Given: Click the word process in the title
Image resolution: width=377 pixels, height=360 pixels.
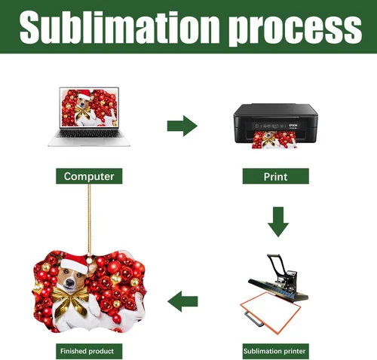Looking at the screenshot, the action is (x=295, y=30).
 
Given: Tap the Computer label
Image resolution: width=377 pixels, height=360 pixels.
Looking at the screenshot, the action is (x=89, y=176).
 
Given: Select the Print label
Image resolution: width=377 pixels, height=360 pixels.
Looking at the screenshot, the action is (x=275, y=176).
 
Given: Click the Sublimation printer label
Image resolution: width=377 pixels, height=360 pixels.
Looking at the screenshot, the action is (x=275, y=351).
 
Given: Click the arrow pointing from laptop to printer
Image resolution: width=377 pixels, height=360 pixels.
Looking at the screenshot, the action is (x=182, y=126).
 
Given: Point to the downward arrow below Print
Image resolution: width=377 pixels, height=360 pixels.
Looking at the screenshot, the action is (x=278, y=222).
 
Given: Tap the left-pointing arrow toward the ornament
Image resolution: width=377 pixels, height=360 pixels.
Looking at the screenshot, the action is (x=182, y=301).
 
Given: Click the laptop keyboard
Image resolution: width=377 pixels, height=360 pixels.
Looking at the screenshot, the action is (x=89, y=134).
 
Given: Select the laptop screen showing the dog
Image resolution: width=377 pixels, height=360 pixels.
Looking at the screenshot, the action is (x=89, y=108).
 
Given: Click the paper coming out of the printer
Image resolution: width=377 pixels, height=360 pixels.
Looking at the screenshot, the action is (x=274, y=140).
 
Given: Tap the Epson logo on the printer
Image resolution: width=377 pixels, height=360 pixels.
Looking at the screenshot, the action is (x=293, y=125).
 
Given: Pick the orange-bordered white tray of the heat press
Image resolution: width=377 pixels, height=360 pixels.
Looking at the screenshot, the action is (x=271, y=313).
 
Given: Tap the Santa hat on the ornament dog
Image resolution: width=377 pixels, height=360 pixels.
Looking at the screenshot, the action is (x=75, y=263).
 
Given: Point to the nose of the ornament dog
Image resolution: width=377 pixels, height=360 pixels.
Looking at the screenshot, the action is (x=69, y=283).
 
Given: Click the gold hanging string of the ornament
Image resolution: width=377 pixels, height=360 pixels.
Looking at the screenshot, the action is (x=89, y=221).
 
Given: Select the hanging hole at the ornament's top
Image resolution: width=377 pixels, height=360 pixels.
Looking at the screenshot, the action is (x=89, y=261).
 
